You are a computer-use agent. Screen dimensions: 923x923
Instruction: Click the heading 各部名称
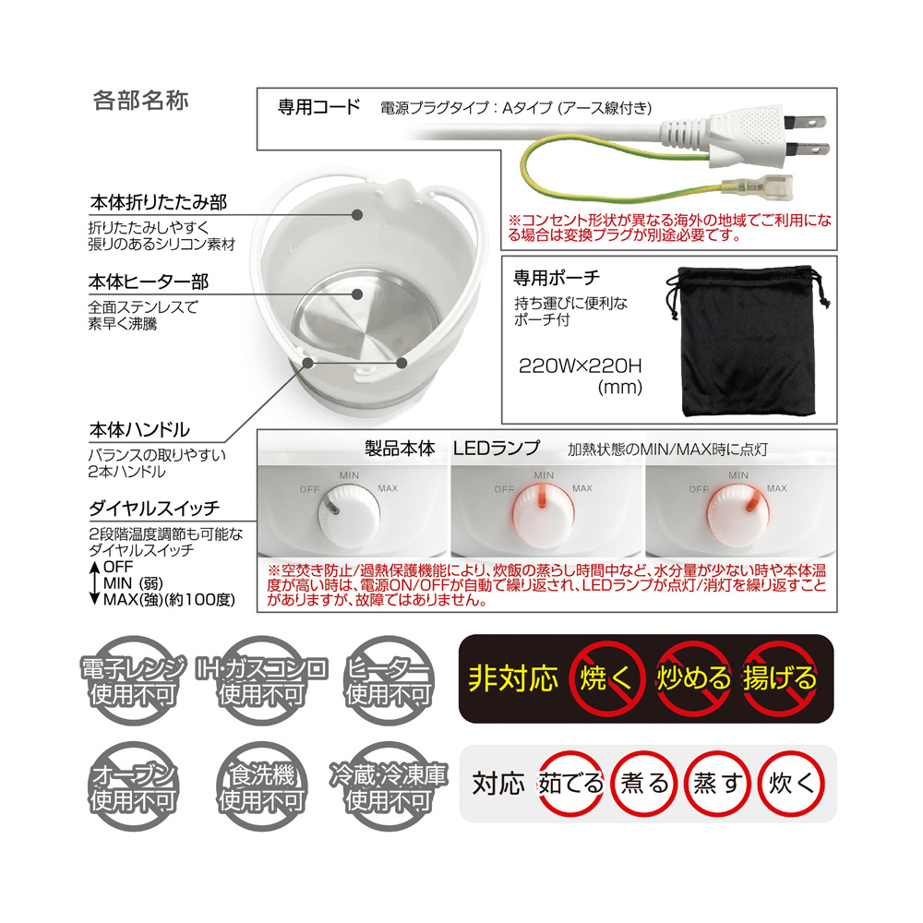click(x=140, y=101)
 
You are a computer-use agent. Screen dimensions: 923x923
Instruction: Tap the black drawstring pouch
click(x=748, y=342)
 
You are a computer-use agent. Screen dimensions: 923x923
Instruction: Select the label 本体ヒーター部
click(x=149, y=282)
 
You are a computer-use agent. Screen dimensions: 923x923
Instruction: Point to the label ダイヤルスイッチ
click(x=154, y=508)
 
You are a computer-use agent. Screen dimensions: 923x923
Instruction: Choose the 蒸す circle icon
click(x=717, y=784)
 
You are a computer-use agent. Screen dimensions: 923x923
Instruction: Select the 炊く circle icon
click(x=791, y=784)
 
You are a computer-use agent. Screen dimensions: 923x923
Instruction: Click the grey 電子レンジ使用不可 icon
click(x=133, y=680)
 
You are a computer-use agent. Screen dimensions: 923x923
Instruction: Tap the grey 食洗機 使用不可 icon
click(x=261, y=786)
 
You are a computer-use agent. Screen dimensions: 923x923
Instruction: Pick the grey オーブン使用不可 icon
click(x=133, y=786)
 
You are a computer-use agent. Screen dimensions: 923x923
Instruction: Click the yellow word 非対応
click(x=512, y=678)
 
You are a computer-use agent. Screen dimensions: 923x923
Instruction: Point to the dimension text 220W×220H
click(x=580, y=366)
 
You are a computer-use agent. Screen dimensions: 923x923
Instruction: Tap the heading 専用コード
click(x=318, y=107)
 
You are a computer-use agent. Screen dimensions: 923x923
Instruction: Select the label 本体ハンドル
click(x=139, y=430)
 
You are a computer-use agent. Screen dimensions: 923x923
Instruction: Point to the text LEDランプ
click(x=497, y=448)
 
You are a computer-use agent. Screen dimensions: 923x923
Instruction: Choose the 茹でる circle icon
click(x=571, y=784)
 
